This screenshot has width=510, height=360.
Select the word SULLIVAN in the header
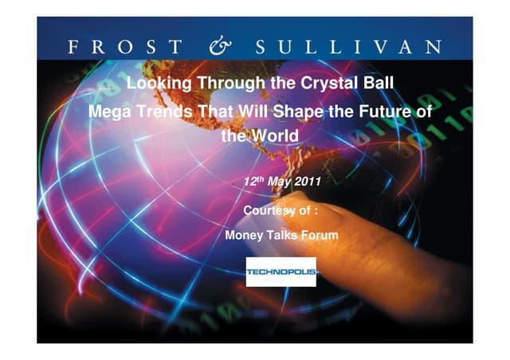pos(348,47)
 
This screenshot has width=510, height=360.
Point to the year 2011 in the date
pos(307,182)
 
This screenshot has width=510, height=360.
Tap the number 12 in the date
pos(248,182)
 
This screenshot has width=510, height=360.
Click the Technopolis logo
pos(281,272)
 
